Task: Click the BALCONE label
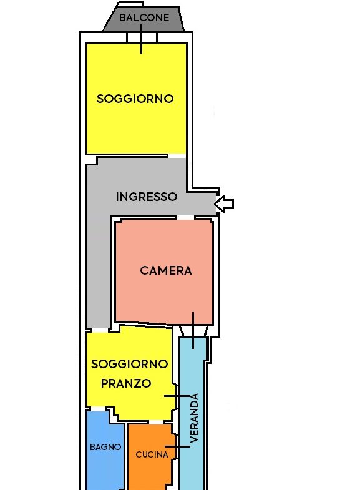tap(144, 17)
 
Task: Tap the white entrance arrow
tap(224, 204)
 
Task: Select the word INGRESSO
tap(147, 197)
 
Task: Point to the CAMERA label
tap(166, 271)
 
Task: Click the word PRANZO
tap(126, 383)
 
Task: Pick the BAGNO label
tap(105, 447)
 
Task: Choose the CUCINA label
tap(152, 454)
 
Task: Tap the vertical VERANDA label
tap(194, 418)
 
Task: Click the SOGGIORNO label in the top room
tap(135, 99)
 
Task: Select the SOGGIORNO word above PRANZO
tap(130, 364)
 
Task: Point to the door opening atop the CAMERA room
tap(185, 217)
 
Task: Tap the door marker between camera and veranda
tap(193, 330)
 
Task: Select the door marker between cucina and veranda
tap(177, 446)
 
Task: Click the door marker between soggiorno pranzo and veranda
tap(177, 396)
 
